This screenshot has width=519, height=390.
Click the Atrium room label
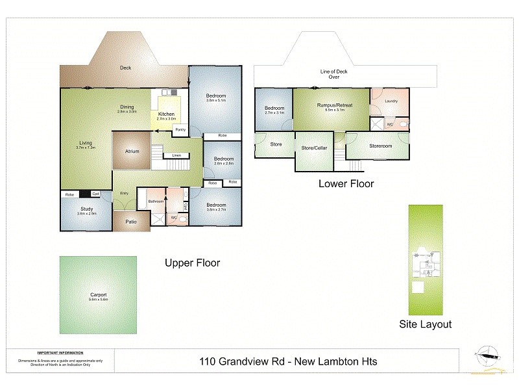pyautogui.click(x=132, y=151)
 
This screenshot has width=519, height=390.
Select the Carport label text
pyautogui.click(x=98, y=295)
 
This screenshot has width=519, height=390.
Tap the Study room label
pyautogui.click(x=87, y=209)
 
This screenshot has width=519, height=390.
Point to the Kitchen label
pyautogui.click(x=167, y=114)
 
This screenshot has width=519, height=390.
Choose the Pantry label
pyautogui.click(x=180, y=129)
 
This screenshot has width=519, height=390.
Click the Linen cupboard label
pyautogui.click(x=176, y=155)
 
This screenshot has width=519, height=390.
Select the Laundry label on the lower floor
pyautogui.click(x=391, y=101)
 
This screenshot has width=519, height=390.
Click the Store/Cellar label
pyautogui.click(x=314, y=148)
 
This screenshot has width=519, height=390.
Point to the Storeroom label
pyautogui.click(x=381, y=146)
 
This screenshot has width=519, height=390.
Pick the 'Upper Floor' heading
pyautogui.click(x=192, y=263)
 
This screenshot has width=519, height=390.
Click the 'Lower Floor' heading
pyautogui.click(x=346, y=183)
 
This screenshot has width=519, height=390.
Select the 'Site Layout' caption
pyautogui.click(x=425, y=324)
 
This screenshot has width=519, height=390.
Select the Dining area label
pyautogui.click(x=127, y=107)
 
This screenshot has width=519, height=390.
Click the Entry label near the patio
pyautogui.click(x=123, y=194)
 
